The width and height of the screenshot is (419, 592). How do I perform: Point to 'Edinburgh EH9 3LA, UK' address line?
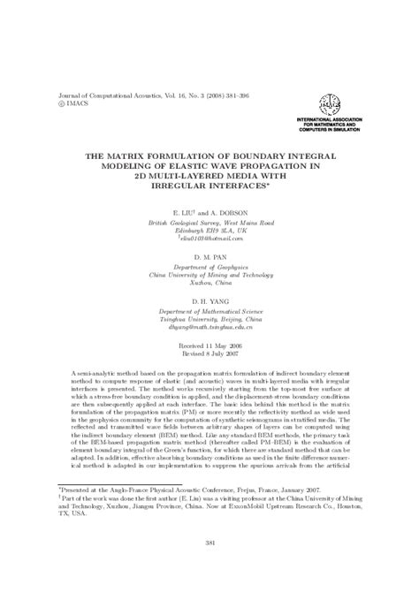coord(209,231)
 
